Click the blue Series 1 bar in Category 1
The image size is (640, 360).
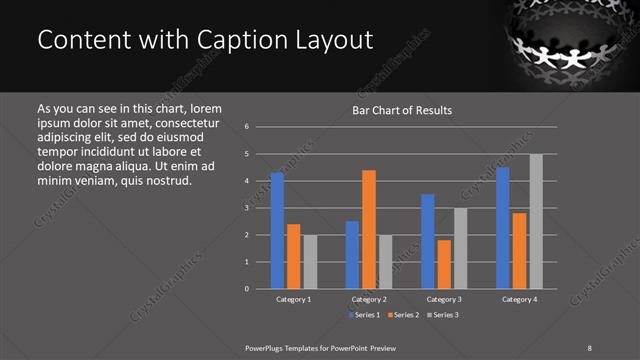click(277, 231)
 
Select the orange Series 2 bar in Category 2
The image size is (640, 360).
click(369, 229)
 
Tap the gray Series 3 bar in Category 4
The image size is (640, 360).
click(536, 221)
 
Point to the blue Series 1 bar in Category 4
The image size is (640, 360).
click(503, 228)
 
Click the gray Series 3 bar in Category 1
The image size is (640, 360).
click(310, 262)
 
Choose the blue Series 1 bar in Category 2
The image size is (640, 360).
click(352, 255)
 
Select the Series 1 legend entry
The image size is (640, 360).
click(363, 315)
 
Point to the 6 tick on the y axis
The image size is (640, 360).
click(246, 127)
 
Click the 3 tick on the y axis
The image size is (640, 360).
click(246, 208)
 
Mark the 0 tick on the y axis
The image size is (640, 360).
click(246, 289)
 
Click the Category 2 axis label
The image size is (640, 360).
click(369, 299)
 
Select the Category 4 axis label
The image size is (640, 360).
click(519, 299)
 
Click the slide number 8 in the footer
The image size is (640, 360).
click(589, 347)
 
